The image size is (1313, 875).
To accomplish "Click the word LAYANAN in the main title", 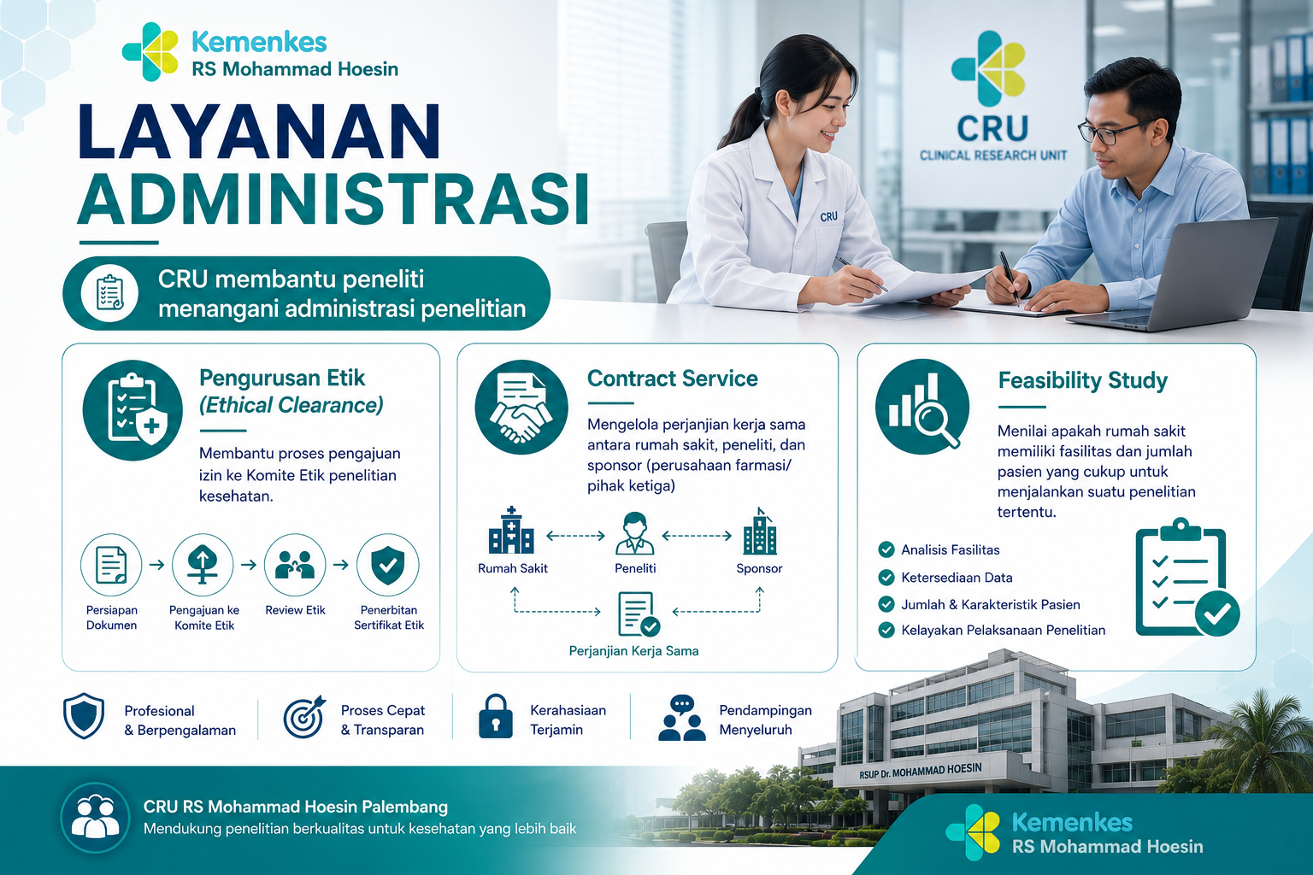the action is [x=258, y=132].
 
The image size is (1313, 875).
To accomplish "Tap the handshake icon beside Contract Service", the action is [x=521, y=407].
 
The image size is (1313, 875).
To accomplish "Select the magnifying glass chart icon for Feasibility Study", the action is [x=922, y=407].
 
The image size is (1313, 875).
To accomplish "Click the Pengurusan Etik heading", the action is [x=282, y=378].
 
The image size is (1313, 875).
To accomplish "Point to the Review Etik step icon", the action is [x=295, y=564].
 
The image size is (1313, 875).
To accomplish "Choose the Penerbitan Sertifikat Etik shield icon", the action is [x=387, y=564].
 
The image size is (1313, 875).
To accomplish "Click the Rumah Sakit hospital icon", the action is [x=511, y=531].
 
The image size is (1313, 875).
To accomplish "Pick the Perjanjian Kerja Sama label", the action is [x=633, y=651].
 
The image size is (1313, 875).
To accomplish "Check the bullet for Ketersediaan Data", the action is [x=886, y=578].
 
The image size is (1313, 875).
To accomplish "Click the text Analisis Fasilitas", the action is [x=951, y=549].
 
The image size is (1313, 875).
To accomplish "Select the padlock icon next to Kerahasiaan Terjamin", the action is [x=495, y=716].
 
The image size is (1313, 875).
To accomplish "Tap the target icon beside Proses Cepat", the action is [x=304, y=716].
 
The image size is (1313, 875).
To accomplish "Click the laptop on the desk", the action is [x=1172, y=275].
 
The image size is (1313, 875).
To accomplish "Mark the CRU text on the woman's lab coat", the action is [x=829, y=217].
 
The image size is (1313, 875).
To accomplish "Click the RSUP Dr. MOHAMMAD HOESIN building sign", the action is [x=921, y=771].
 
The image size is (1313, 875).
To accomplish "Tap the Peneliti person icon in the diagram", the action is [x=635, y=532].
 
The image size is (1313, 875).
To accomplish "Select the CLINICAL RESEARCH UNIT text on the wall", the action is [x=993, y=156].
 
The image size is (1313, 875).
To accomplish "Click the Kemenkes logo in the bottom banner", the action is [x=974, y=832].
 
